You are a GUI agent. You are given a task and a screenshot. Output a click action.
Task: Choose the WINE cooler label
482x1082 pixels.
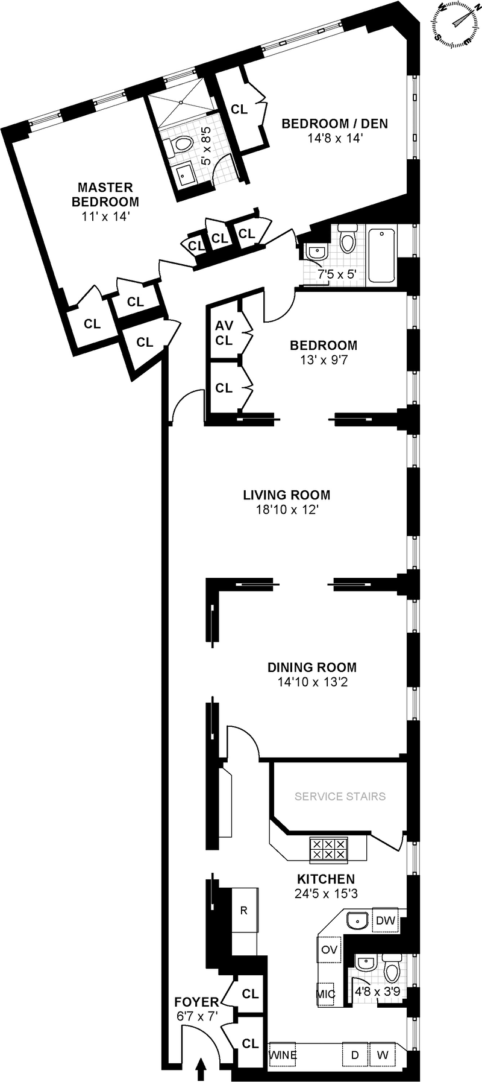click(282, 1055)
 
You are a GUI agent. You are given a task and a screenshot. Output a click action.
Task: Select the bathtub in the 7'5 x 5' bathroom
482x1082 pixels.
click(381, 255)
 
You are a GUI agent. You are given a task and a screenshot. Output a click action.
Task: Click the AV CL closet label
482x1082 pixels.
click(224, 333)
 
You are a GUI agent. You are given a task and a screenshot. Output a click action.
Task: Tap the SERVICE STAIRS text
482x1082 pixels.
click(340, 796)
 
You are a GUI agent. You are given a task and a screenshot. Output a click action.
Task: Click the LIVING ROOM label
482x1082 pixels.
click(286, 495)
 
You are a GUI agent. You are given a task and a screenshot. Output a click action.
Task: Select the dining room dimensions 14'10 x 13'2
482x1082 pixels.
click(312, 683)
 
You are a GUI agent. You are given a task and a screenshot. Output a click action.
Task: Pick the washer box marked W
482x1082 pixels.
click(383, 1055)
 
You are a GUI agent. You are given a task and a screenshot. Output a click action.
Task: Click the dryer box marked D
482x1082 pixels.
click(355, 1055)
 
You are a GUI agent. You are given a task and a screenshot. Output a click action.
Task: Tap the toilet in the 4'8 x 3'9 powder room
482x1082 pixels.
click(392, 970)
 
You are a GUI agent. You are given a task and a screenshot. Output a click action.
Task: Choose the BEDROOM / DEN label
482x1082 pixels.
click(335, 124)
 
